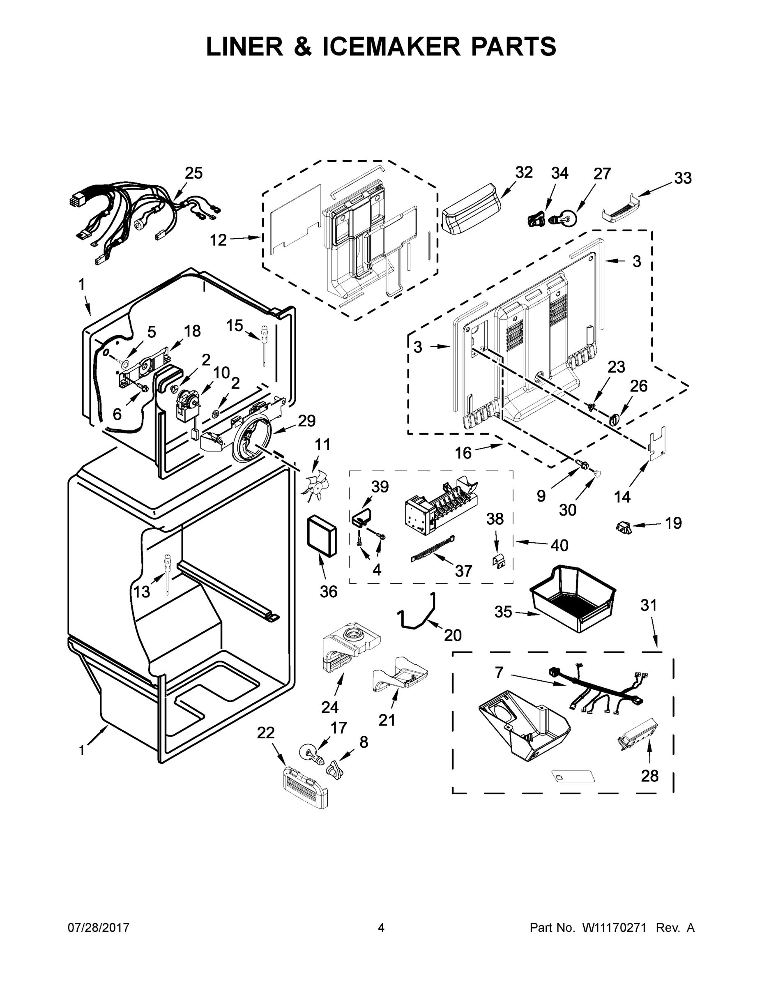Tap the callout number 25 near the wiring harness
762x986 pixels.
[x=193, y=173]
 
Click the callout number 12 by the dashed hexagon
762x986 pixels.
[x=219, y=240]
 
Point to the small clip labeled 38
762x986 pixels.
[x=497, y=561]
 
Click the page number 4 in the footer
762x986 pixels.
[x=381, y=928]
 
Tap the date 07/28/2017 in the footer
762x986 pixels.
[x=99, y=928]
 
